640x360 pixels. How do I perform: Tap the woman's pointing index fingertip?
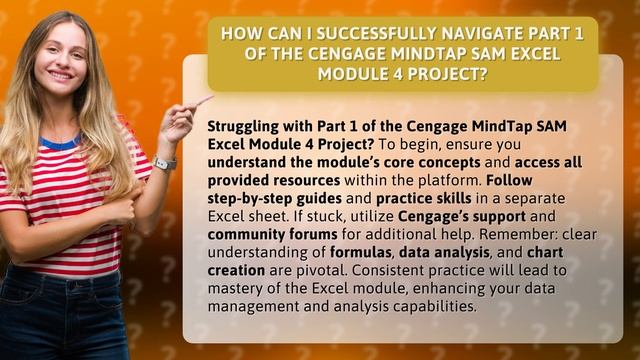click(x=211, y=97)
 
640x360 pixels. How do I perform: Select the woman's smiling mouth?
click(x=61, y=76)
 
